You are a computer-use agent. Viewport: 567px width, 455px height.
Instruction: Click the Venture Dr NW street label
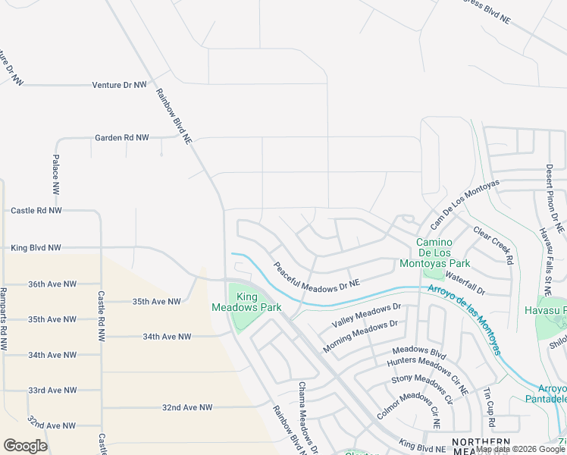coord(119,85)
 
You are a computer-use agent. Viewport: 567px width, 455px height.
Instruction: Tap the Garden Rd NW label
coord(121,138)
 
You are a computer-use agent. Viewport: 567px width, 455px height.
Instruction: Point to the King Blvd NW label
coord(36,248)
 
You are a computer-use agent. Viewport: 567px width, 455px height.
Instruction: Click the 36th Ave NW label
coord(52,284)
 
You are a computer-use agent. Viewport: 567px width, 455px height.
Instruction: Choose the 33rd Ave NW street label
coord(52,391)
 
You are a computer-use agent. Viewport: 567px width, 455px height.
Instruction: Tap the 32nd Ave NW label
coord(187,408)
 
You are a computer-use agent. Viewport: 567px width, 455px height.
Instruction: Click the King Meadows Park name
coord(258,302)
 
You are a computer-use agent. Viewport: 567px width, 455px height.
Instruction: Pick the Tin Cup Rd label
coord(489,408)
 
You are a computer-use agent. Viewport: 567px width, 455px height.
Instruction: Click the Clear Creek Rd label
coord(493,244)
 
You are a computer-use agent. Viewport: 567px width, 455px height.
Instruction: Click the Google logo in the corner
coord(25,446)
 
